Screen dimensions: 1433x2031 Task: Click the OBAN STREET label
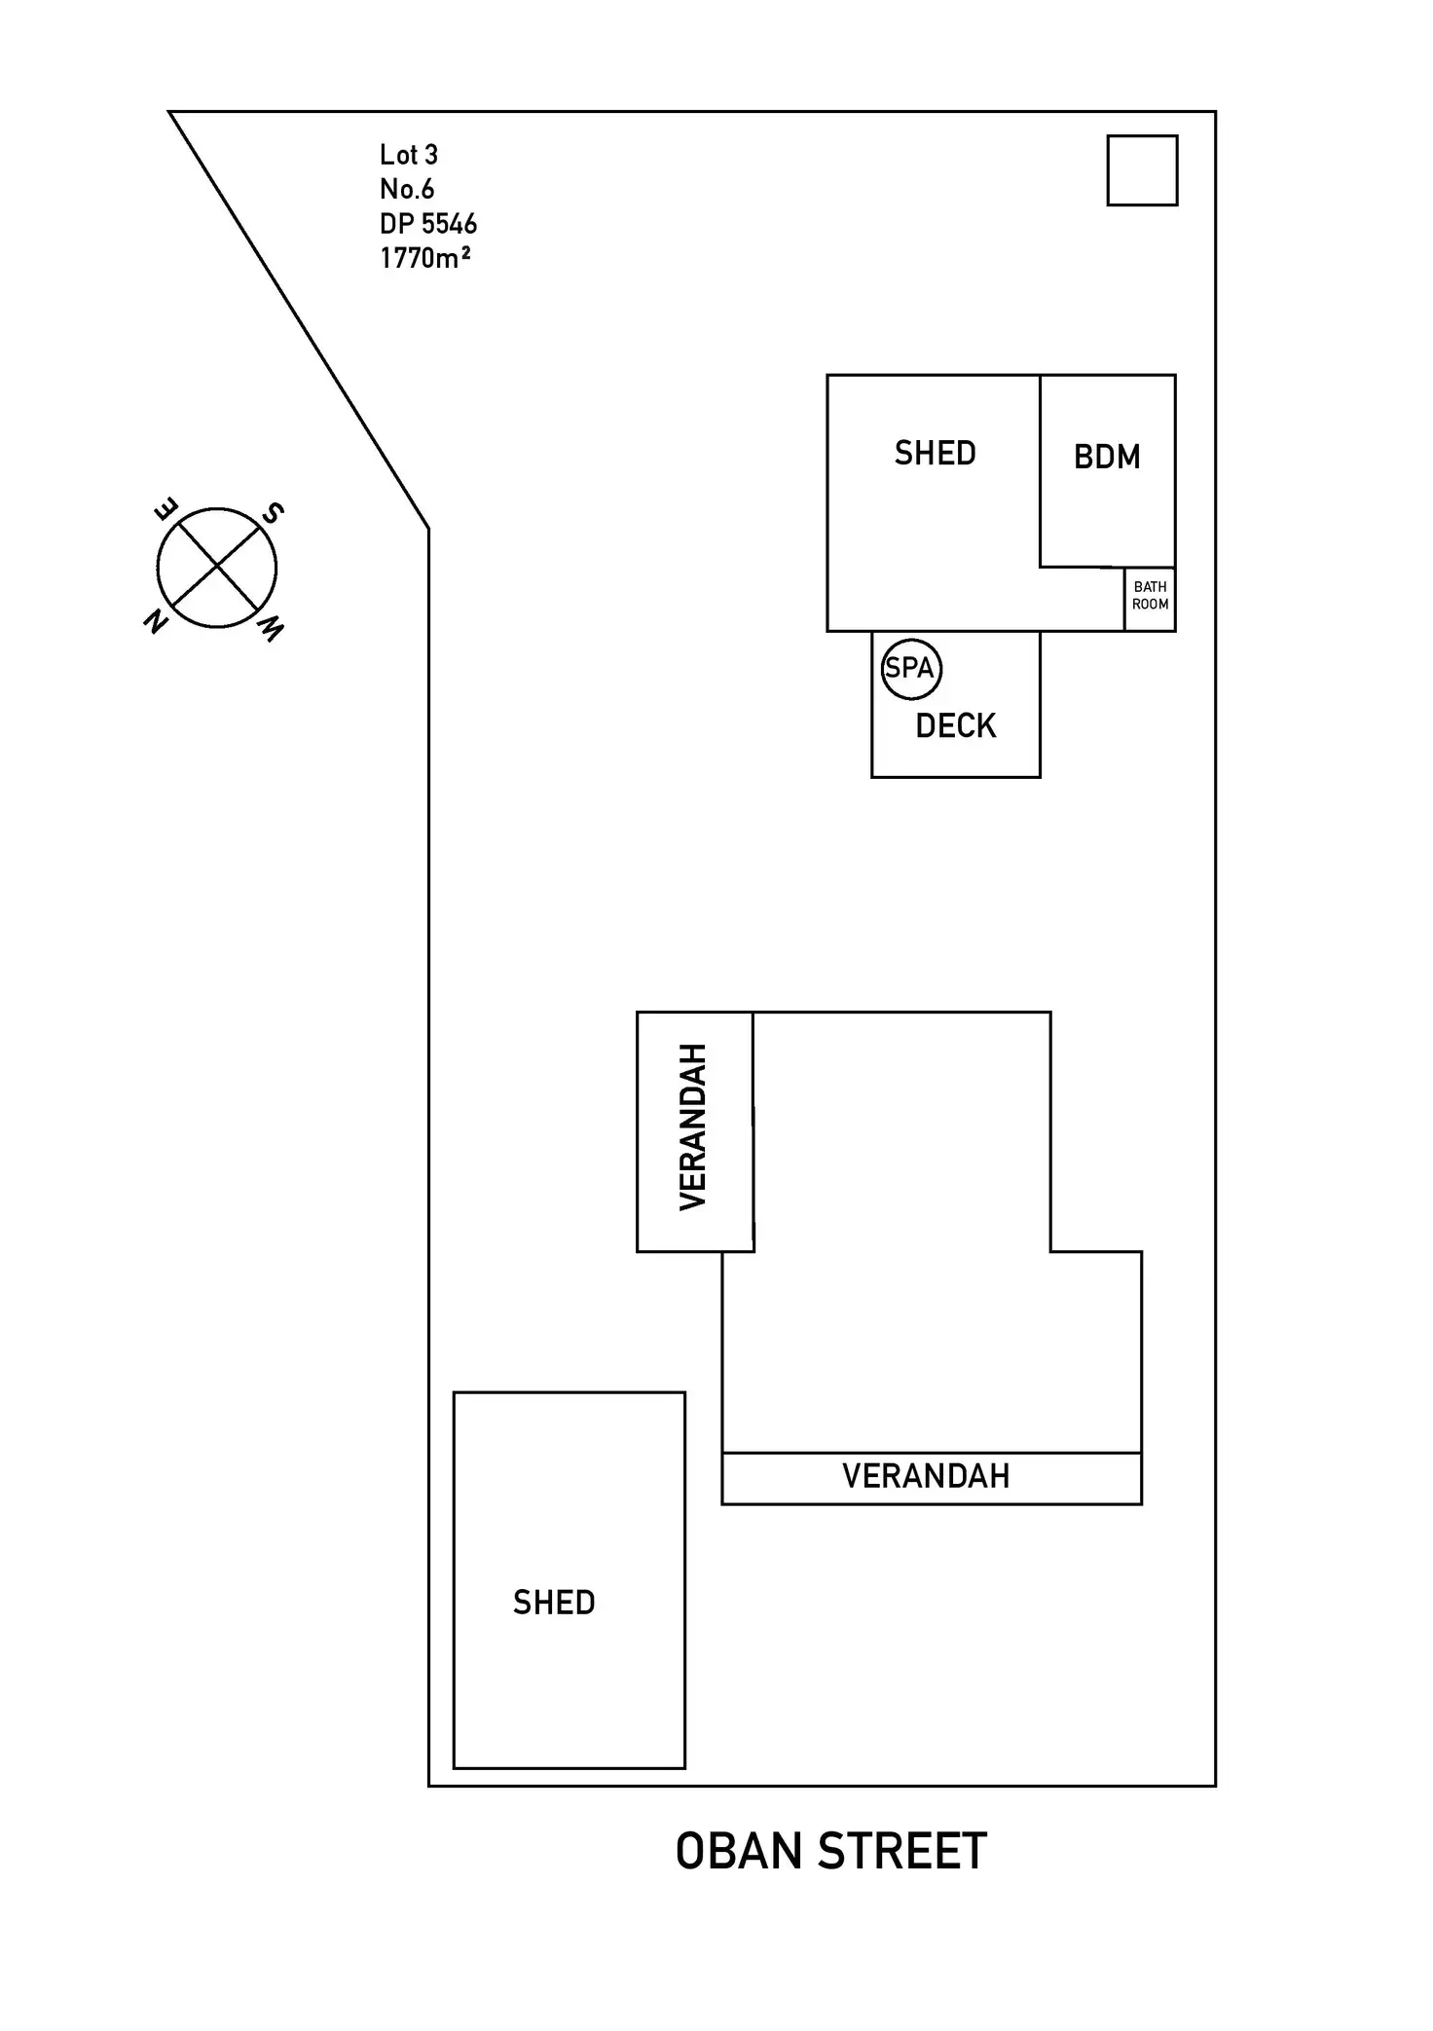pos(830,1851)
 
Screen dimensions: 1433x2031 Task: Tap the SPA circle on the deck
pos(911,668)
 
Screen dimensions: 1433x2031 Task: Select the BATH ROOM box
pos(1150,596)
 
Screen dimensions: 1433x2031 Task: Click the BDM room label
pos(1107,457)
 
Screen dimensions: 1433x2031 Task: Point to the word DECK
pos(956,726)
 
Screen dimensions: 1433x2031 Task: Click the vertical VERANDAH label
pos(693,1126)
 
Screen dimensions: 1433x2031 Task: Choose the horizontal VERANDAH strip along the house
pos(931,1477)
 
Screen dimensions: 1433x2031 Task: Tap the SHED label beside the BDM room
pos(935,454)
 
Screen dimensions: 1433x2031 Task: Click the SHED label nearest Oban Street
pos(554,1603)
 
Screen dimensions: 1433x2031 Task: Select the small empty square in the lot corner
pos(1142,170)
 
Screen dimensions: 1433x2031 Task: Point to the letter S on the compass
pos(274,513)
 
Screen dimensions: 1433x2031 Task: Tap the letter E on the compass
pos(166,509)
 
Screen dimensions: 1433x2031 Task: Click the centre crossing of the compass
pos(217,568)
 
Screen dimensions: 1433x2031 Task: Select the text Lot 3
pos(409,155)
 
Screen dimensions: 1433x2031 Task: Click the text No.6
pos(407,189)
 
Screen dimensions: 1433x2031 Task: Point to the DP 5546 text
pos(428,224)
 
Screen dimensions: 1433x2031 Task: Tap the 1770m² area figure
pos(425,258)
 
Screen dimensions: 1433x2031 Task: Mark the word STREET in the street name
pos(902,1851)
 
